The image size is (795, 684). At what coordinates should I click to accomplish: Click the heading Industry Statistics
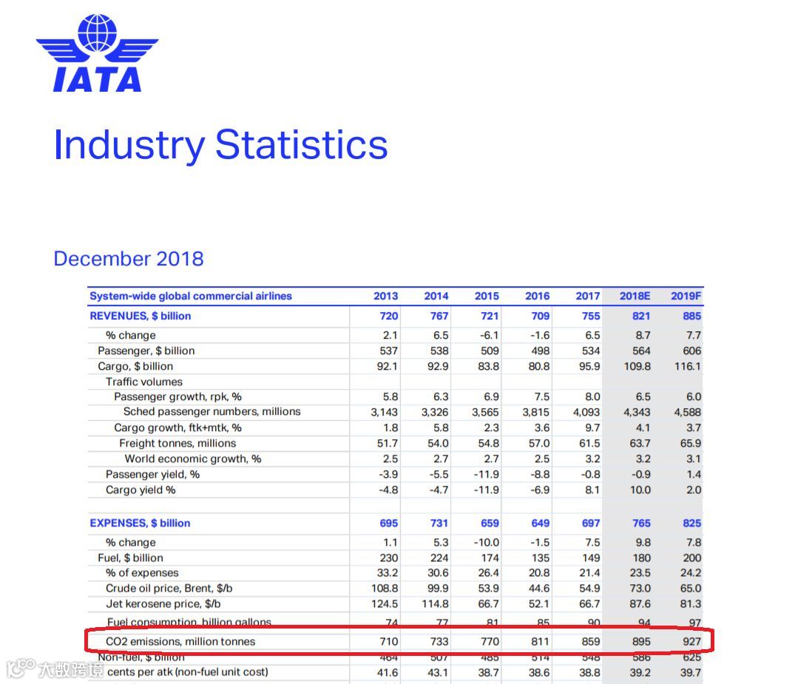pos(220,145)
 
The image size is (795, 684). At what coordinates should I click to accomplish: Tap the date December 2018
pos(129,259)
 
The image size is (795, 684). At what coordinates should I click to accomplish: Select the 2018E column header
pos(635,296)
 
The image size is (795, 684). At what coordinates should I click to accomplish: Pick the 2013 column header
pos(385,296)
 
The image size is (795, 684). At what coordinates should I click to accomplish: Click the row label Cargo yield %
pos(141,490)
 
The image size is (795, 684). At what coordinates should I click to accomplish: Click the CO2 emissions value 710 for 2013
pos(388,641)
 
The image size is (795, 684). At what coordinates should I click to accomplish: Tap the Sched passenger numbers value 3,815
pos(536,412)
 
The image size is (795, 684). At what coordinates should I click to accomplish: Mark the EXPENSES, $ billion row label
pos(140,523)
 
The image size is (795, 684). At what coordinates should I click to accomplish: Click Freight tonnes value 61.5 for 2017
pos(589,443)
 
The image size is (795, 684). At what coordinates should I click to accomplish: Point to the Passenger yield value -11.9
pos(486,474)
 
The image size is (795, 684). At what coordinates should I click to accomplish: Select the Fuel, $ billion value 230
pos(388,558)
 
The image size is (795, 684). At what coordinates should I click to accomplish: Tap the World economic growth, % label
pos(193,458)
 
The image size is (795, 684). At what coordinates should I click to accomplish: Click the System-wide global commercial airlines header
pos(191,296)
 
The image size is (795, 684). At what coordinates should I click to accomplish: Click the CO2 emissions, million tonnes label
pos(180,641)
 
